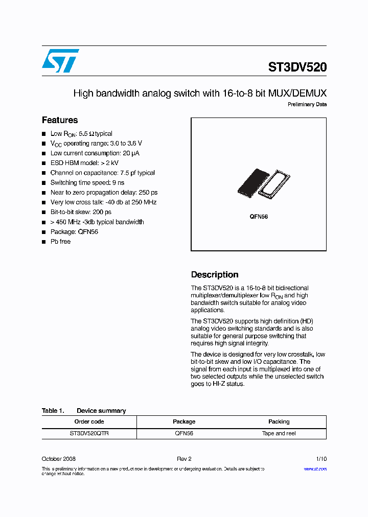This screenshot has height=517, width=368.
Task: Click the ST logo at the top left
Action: tap(60, 61)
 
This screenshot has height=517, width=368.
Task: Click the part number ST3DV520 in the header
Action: tap(297, 67)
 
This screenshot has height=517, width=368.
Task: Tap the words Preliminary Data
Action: tap(307, 105)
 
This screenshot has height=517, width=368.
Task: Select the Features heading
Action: tap(60, 120)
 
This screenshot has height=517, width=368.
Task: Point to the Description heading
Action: tap(215, 274)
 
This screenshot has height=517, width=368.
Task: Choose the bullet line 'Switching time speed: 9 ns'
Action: tap(87, 182)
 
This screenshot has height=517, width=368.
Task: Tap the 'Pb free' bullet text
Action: tap(60, 242)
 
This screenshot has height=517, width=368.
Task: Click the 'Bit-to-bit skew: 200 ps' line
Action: tap(81, 212)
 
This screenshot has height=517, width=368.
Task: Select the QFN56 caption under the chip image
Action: tap(259, 217)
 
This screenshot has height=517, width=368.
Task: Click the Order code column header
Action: tap(89, 421)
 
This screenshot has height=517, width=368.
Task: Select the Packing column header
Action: tap(279, 421)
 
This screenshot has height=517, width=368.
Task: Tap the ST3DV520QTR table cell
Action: tap(89, 433)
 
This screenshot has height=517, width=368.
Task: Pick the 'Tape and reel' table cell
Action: tap(279, 433)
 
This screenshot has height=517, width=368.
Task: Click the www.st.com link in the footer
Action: tap(315, 468)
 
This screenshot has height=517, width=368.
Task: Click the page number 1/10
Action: tap(321, 459)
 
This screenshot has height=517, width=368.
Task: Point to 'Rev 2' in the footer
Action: tap(184, 459)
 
